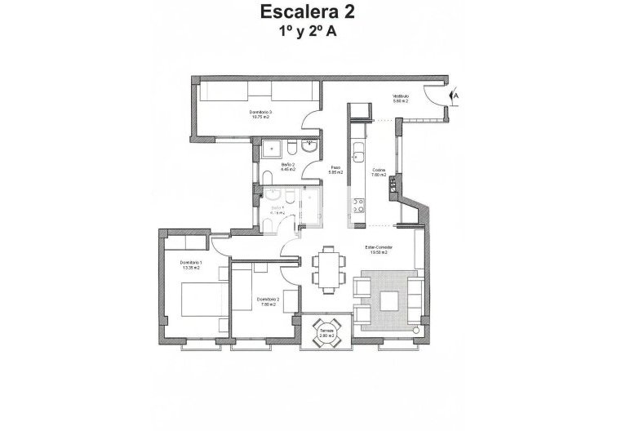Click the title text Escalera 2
(x=308, y=12)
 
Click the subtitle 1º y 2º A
(x=308, y=32)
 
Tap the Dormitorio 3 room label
(x=261, y=114)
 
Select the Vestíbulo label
(x=400, y=99)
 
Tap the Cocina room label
(x=378, y=172)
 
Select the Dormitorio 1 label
(x=189, y=264)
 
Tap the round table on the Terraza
(x=326, y=333)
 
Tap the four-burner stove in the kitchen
(x=357, y=207)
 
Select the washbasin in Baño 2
(x=310, y=149)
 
